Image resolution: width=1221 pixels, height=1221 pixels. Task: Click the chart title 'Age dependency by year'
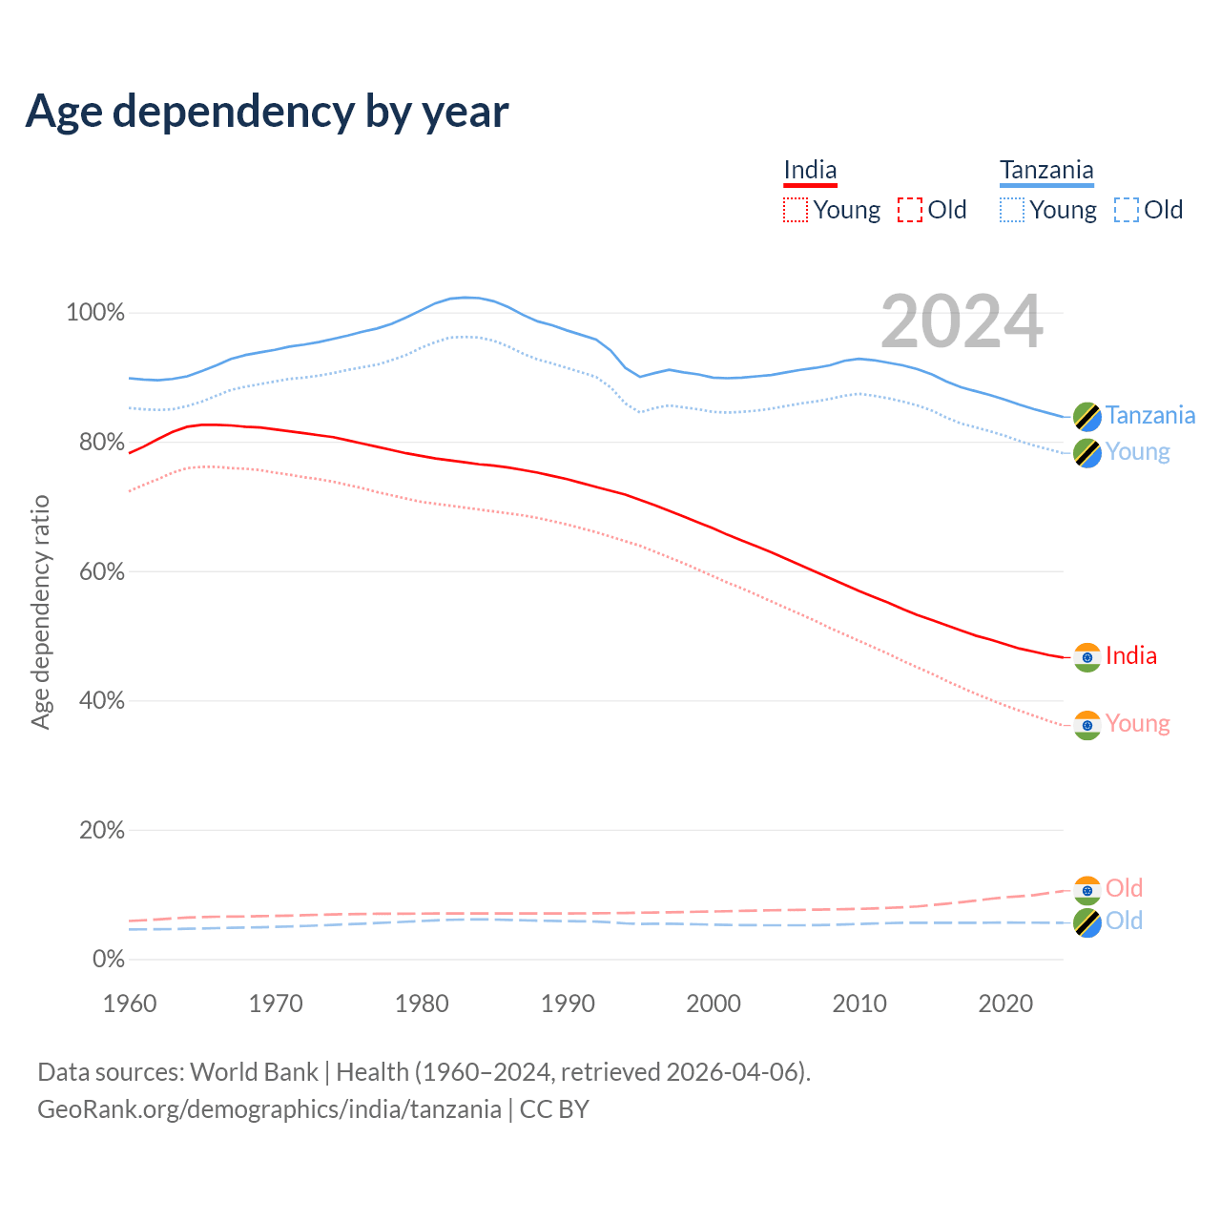(x=267, y=112)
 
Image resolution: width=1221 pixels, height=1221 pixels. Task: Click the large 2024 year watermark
(x=962, y=321)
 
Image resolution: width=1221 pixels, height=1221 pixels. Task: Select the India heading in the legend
(x=810, y=171)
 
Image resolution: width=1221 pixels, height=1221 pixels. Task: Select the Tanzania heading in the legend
(x=1046, y=171)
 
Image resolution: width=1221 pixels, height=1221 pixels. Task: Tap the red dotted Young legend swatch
(x=795, y=210)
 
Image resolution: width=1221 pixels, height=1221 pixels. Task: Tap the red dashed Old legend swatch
(x=910, y=210)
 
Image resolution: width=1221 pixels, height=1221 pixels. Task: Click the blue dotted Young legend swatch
(x=1012, y=210)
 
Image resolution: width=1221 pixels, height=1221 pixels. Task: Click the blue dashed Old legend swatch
(x=1127, y=210)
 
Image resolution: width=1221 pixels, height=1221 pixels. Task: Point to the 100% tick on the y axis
(x=95, y=313)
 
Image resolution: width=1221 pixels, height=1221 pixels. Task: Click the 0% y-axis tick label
(x=109, y=959)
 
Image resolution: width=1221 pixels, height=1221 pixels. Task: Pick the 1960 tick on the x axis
(x=130, y=1004)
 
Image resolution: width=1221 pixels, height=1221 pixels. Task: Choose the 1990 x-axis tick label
(x=568, y=1004)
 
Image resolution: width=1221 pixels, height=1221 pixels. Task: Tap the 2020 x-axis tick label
(x=1005, y=1004)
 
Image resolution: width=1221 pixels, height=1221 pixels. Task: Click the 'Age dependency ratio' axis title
(x=40, y=611)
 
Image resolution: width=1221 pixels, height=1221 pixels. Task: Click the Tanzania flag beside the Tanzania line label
(x=1087, y=416)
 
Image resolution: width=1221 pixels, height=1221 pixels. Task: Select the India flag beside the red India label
(x=1087, y=656)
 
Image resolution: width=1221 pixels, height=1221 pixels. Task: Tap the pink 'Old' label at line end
(x=1124, y=888)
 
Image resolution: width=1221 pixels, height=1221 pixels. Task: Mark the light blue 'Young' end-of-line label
(x=1137, y=451)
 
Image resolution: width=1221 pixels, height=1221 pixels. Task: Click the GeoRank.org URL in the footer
(x=269, y=1109)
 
